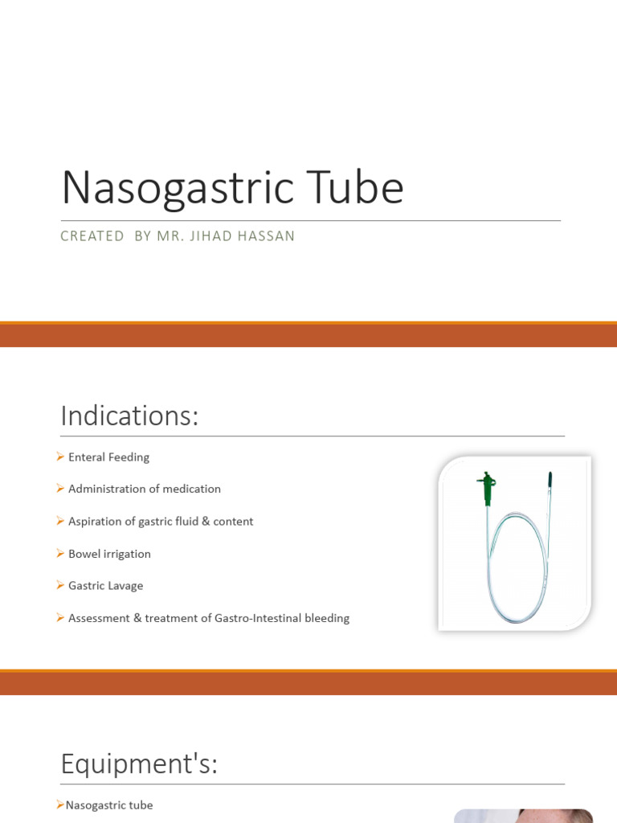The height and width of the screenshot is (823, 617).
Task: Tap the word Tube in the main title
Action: (x=358, y=187)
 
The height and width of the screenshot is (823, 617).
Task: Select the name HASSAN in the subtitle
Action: (x=267, y=236)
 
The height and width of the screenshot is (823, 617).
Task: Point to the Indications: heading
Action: (x=129, y=416)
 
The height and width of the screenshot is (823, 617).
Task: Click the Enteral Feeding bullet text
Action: (x=108, y=457)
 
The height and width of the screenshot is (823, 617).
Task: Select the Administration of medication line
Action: (x=144, y=489)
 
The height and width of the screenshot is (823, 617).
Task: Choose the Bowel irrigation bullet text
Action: (x=109, y=554)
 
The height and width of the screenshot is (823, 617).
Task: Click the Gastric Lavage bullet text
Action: (x=105, y=586)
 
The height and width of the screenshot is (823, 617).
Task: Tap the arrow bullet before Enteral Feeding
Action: (x=60, y=457)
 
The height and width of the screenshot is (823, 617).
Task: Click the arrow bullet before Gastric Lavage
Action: (x=60, y=585)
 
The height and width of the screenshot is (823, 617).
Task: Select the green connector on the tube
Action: (x=486, y=487)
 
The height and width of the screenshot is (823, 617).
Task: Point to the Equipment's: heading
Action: (x=139, y=764)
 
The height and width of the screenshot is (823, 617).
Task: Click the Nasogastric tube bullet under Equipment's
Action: (x=108, y=805)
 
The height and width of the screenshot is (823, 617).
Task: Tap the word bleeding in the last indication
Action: (x=327, y=619)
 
